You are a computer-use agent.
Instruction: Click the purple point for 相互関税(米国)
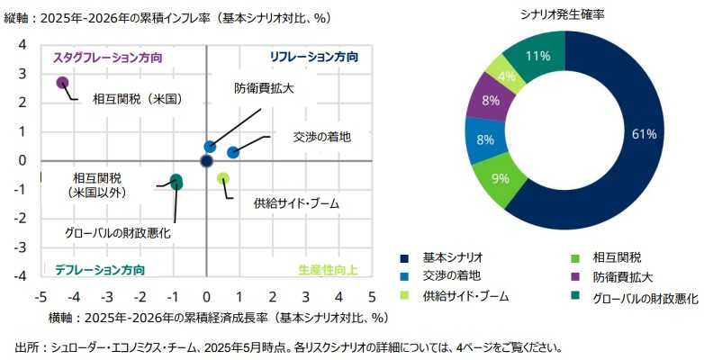point(62,83)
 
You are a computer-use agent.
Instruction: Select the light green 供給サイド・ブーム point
point(223,178)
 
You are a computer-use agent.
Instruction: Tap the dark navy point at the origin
point(206,161)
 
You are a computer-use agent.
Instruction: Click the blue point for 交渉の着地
point(233,152)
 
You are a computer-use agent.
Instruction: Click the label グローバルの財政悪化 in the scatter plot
point(118,233)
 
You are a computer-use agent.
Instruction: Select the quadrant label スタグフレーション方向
point(108,57)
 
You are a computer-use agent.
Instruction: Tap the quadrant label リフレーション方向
point(314,57)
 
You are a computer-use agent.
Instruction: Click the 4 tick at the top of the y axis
point(23,45)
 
